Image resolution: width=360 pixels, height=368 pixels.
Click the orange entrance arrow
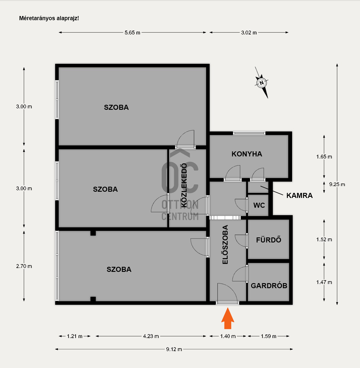click(x=228, y=318)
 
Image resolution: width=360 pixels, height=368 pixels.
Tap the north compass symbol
click(x=262, y=83)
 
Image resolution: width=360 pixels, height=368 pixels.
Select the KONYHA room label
click(x=247, y=154)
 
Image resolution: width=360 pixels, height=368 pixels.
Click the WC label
click(x=259, y=205)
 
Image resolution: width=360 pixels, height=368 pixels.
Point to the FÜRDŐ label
click(x=269, y=240)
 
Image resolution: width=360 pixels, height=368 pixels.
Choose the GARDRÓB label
click(x=269, y=286)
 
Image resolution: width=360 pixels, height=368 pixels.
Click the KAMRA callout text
click(x=300, y=195)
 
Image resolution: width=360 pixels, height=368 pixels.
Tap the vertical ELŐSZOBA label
click(x=225, y=245)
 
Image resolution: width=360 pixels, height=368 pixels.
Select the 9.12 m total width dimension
click(x=174, y=349)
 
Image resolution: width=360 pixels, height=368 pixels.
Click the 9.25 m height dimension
click(x=337, y=185)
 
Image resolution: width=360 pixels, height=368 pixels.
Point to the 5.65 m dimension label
click(x=132, y=33)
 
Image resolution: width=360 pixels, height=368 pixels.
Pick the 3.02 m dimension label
click(x=249, y=33)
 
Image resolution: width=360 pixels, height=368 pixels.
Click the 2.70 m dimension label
click(x=24, y=266)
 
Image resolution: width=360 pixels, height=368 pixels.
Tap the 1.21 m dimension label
click(x=75, y=336)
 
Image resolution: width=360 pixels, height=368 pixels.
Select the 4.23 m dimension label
click(x=151, y=336)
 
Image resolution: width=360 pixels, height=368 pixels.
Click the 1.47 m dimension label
click(x=324, y=282)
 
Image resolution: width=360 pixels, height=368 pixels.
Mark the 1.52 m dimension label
click(x=324, y=239)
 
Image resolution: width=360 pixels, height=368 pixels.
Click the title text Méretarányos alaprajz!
click(x=49, y=18)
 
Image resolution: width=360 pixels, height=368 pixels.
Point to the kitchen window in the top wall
click(x=249, y=133)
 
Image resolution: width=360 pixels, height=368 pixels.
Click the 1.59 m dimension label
click(x=268, y=336)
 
